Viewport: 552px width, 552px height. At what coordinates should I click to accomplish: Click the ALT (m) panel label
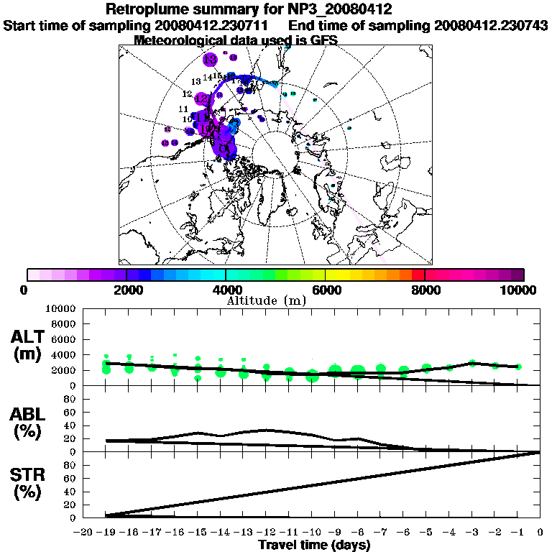pos(27,346)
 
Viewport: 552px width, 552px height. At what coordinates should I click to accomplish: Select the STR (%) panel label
pos(27,484)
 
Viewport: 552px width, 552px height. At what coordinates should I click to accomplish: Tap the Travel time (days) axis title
pos(314,546)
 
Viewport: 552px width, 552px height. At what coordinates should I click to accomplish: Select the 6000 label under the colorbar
pos(326,290)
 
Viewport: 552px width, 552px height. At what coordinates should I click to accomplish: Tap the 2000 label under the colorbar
pos(126,290)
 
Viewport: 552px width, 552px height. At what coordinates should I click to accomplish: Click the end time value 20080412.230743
pos(491,25)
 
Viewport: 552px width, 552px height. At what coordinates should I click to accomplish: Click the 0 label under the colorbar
pos(27,290)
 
